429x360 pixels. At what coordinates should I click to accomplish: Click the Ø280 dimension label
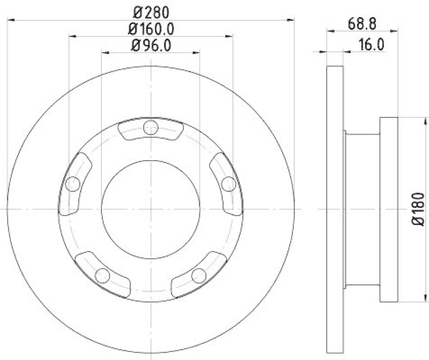tap(151, 10)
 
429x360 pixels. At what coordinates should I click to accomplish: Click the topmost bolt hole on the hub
tap(151, 128)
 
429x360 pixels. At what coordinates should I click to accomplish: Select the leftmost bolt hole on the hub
tap(73, 184)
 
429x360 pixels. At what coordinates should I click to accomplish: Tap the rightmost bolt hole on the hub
tap(228, 184)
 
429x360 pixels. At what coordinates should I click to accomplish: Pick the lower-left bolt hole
tap(102, 275)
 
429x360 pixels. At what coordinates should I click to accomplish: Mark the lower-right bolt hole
tap(199, 275)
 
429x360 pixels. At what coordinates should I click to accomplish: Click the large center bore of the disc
tap(151, 208)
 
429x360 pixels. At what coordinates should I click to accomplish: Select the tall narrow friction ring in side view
tap(335, 209)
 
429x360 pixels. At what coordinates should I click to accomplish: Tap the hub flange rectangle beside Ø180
tap(388, 209)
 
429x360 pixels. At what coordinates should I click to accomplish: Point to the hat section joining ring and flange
tap(362, 209)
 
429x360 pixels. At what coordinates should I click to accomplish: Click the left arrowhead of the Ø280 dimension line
tap(11, 20)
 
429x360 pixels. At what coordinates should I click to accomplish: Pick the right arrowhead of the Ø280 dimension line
tap(291, 20)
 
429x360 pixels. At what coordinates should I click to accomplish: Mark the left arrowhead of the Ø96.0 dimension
tap(105, 52)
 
